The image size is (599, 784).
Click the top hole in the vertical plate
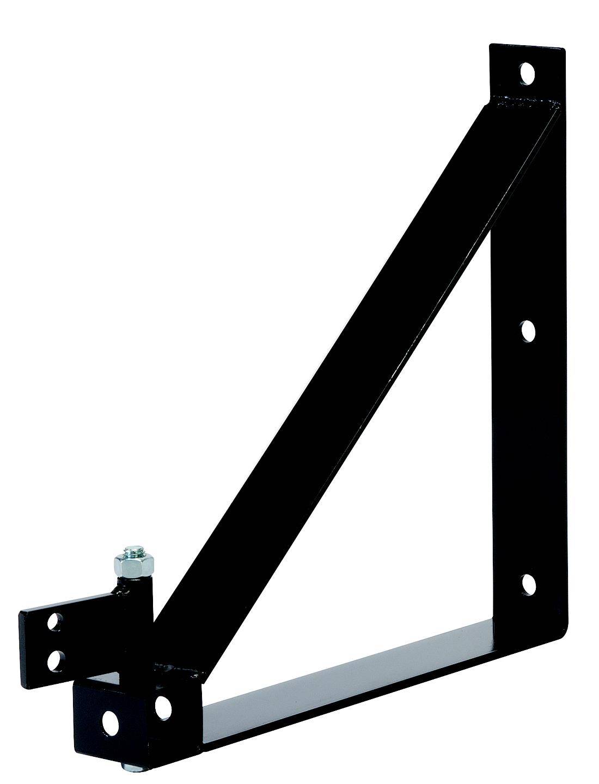[527, 72]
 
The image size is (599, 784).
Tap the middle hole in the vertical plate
[528, 330]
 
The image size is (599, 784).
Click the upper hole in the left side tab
[54, 621]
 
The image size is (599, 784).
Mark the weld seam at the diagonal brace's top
[523, 102]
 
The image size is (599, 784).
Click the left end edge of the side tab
[23, 642]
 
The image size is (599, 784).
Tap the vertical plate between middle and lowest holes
[527, 457]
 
